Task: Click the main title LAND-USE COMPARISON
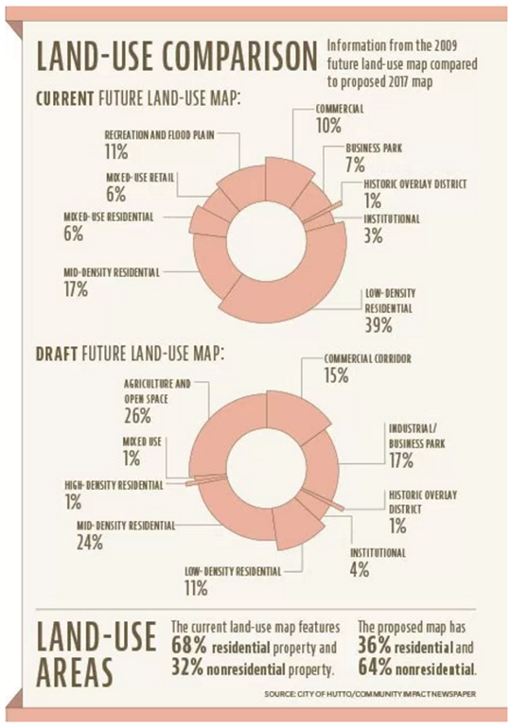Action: click(x=175, y=57)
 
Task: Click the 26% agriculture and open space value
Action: click(x=138, y=415)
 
